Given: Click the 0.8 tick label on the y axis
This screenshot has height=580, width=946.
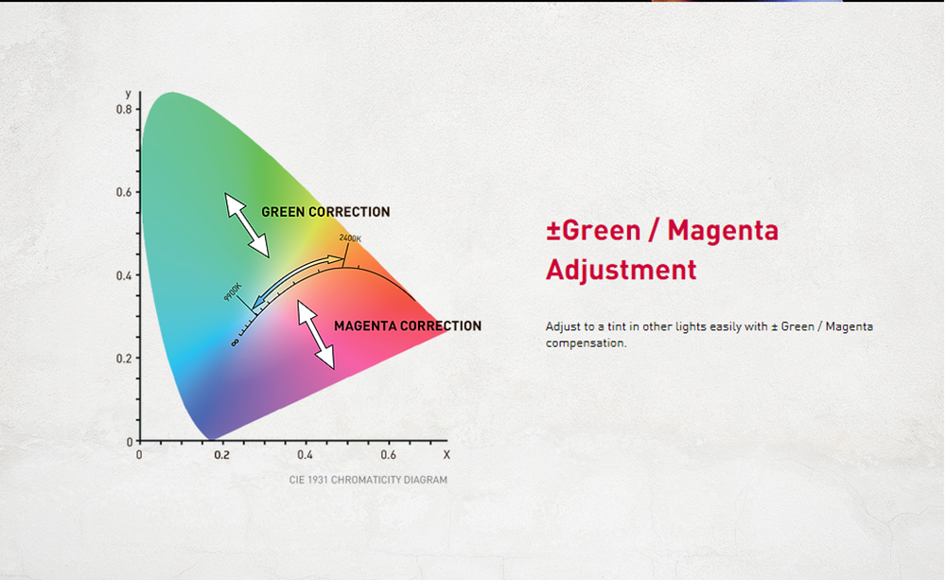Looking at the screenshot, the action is click(x=124, y=109).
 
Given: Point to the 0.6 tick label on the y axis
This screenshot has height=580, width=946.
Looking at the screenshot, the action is click(x=124, y=192).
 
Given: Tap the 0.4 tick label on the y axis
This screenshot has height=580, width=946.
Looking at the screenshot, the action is click(x=124, y=276).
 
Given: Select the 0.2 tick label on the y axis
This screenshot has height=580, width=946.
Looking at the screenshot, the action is click(x=124, y=359).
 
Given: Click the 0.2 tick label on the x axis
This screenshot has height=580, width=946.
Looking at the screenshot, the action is click(x=221, y=455).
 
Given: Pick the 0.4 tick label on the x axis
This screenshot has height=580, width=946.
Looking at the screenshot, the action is click(x=305, y=455).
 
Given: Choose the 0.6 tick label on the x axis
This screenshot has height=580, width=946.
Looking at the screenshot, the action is click(x=388, y=455).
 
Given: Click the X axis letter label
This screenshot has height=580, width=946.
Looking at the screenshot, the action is click(x=447, y=455).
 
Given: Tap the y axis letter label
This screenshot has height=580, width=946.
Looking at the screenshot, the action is click(x=128, y=94).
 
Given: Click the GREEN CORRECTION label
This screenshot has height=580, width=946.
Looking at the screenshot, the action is click(x=325, y=212).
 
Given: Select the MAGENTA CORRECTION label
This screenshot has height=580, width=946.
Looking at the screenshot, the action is click(x=408, y=325).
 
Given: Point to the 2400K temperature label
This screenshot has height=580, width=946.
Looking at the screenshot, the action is click(x=350, y=238).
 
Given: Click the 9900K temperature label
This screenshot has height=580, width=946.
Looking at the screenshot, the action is click(x=233, y=291).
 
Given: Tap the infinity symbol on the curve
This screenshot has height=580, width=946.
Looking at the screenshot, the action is click(x=235, y=343).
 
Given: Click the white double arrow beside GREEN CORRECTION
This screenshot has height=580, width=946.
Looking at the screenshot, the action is click(x=247, y=225).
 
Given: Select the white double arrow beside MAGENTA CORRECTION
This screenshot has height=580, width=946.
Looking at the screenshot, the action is click(x=316, y=335).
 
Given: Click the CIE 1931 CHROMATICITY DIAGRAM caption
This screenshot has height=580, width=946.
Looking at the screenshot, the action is click(x=368, y=480).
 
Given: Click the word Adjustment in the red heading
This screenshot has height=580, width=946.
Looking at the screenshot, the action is click(x=621, y=270).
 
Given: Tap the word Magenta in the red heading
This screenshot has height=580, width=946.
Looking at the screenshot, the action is click(x=723, y=231).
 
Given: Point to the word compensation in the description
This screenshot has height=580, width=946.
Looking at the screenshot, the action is click(x=586, y=343).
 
